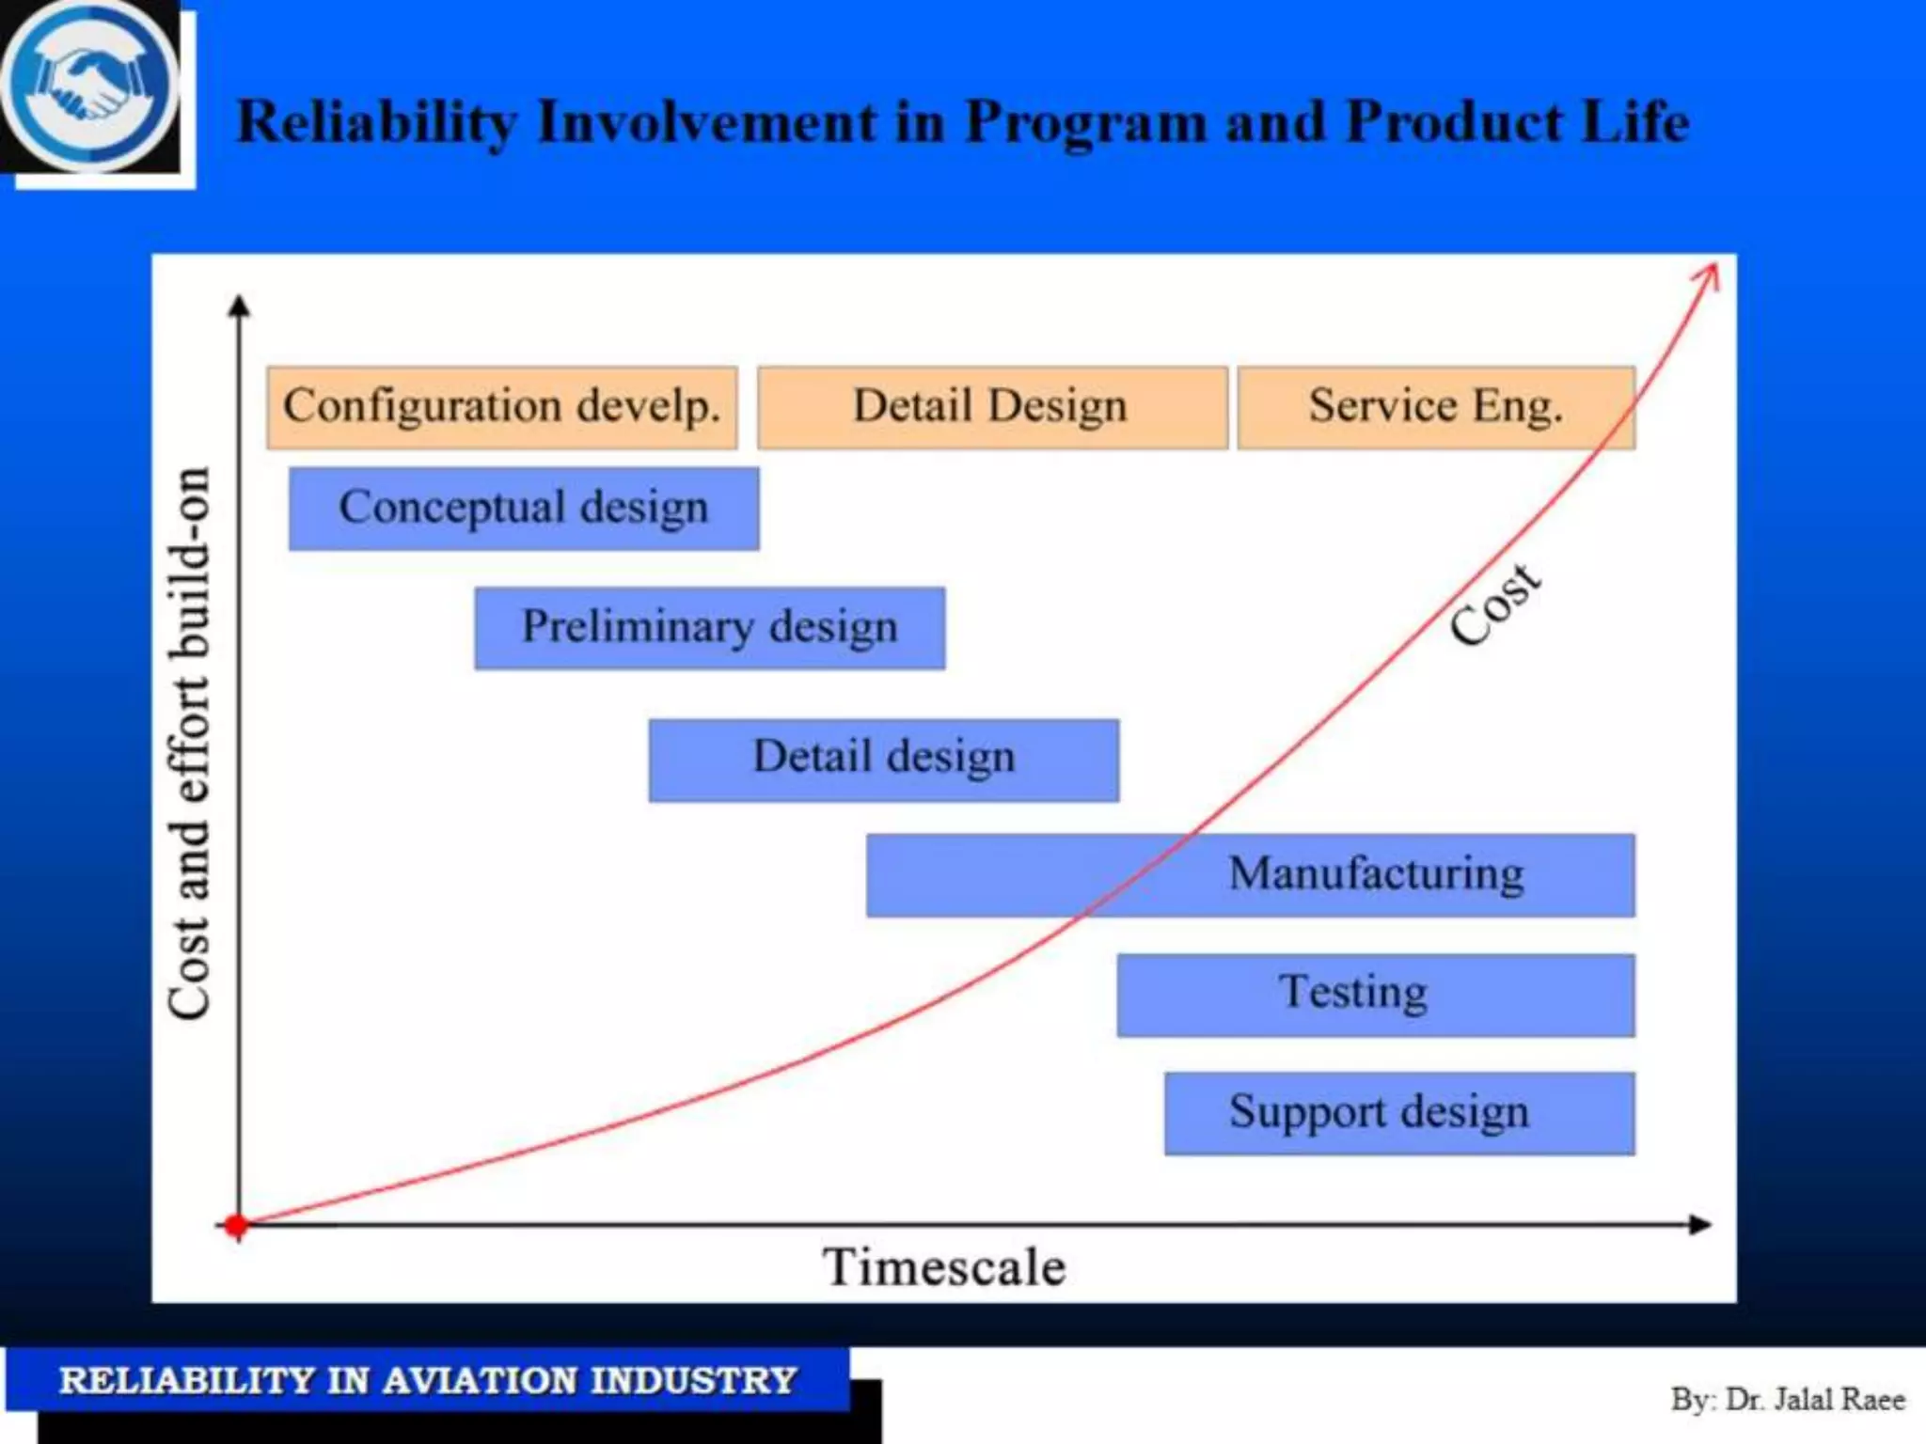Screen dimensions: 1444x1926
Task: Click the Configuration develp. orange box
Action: point(501,407)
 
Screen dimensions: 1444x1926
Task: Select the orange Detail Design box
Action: point(992,407)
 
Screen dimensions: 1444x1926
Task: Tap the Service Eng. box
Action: point(1436,407)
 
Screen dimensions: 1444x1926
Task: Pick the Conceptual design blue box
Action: point(524,509)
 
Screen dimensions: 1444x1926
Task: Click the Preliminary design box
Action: point(710,628)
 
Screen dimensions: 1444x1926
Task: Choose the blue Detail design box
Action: point(884,760)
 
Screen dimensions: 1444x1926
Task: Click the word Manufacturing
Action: point(1376,873)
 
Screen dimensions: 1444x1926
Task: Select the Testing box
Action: point(1375,995)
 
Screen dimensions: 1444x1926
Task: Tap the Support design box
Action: point(1398,1113)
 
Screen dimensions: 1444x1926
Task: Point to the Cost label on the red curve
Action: point(1494,605)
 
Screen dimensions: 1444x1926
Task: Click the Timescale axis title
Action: point(944,1266)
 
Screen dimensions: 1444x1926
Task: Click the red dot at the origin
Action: point(236,1225)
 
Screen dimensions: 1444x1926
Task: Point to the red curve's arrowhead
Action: point(1709,275)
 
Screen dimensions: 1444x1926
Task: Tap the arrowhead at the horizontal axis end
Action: point(1700,1224)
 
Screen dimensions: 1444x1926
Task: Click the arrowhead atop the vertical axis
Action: point(239,306)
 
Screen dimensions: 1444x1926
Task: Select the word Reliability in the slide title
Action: point(376,123)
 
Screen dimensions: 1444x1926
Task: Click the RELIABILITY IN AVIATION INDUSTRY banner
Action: point(428,1380)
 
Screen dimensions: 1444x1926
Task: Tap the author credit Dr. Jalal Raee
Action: point(1787,1400)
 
